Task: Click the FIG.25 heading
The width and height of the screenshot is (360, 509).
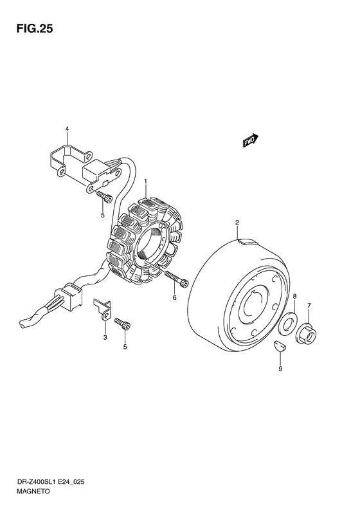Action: click(34, 29)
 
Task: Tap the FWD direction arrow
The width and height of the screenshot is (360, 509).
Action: click(250, 140)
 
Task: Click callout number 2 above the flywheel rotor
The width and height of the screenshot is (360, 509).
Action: click(237, 223)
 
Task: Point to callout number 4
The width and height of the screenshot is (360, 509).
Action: click(67, 129)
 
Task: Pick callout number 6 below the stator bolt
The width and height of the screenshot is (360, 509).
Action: click(174, 297)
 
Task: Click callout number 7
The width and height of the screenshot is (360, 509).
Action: click(309, 306)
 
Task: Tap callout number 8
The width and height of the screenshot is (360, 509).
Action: click(294, 296)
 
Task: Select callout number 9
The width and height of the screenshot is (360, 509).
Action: click(280, 369)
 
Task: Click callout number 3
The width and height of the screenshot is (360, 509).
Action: click(105, 338)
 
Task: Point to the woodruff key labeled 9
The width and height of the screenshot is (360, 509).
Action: click(279, 346)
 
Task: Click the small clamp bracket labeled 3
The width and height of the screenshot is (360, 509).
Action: click(103, 309)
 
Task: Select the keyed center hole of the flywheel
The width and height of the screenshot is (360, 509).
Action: click(255, 304)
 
